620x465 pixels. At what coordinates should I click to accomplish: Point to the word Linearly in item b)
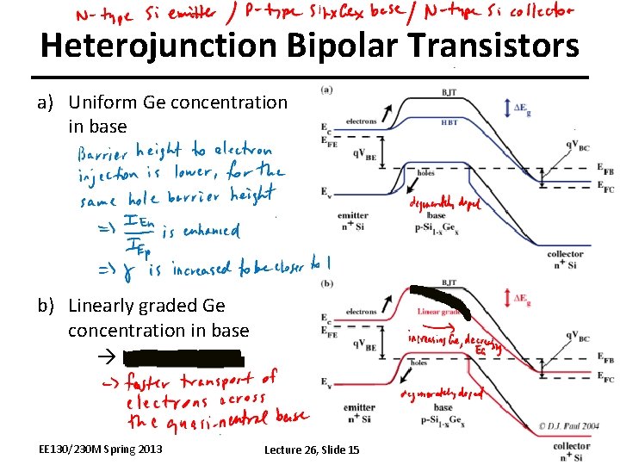click(103, 306)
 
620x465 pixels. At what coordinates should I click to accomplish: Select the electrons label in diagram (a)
click(361, 121)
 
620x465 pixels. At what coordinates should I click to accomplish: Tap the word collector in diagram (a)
click(564, 254)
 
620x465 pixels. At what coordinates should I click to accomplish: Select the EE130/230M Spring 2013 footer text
click(100, 449)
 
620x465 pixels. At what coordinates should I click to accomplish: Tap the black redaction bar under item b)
click(185, 356)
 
